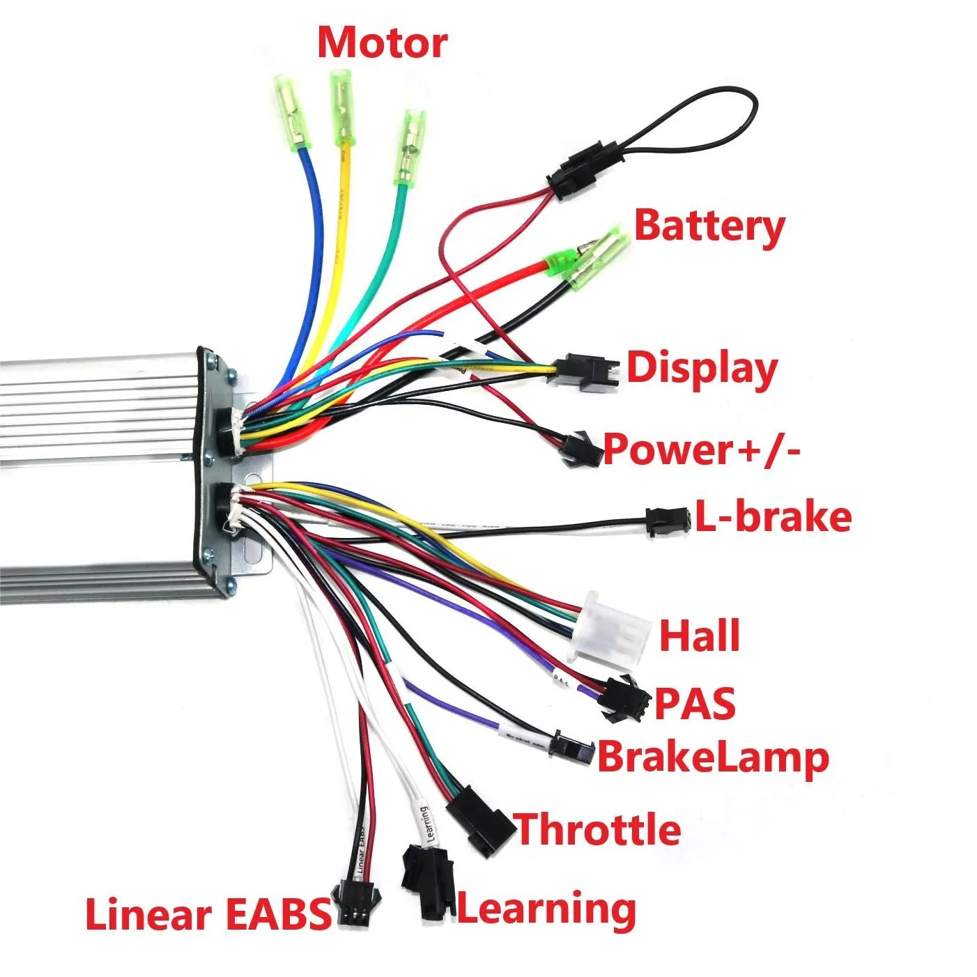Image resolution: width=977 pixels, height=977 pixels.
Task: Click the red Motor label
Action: [x=382, y=43]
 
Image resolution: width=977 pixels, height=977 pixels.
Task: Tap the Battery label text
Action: [x=709, y=226]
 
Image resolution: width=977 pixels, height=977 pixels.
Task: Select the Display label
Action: [x=701, y=368]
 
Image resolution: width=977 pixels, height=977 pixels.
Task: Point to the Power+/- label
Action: [x=701, y=449]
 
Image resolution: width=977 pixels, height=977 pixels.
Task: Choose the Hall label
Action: [x=699, y=636]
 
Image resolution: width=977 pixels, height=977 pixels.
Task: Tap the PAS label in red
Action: [x=695, y=703]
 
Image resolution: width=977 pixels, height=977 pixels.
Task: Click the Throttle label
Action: [x=598, y=829]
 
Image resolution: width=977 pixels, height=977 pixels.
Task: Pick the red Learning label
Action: [x=546, y=909]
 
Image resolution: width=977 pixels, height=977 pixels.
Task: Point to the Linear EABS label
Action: [x=208, y=914]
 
